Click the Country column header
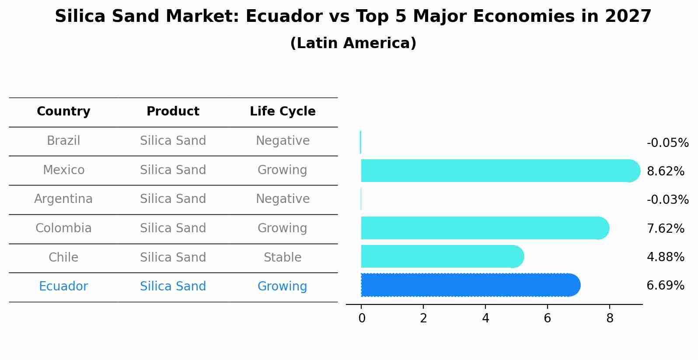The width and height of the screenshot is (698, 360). click(63, 112)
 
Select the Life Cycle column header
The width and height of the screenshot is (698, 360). click(283, 112)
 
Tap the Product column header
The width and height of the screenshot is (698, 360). click(173, 112)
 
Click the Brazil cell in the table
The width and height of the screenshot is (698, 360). click(63, 141)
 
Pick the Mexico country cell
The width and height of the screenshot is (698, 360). click(63, 170)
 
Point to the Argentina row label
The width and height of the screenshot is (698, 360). click(63, 199)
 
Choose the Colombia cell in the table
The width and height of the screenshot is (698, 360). click(63, 228)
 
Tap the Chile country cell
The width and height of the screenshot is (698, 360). click(63, 257)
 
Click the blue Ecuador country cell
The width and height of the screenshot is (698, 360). click(63, 287)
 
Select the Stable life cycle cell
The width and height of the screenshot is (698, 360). click(283, 257)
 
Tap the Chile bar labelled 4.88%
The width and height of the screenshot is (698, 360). click(442, 256)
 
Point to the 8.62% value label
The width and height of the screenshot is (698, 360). click(665, 171)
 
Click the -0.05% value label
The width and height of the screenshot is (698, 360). click(667, 143)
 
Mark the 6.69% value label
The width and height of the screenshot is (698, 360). click(665, 286)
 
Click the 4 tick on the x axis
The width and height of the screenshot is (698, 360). click(485, 318)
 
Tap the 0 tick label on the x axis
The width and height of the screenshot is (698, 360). click(362, 318)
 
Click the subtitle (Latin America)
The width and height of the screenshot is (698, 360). click(353, 43)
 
